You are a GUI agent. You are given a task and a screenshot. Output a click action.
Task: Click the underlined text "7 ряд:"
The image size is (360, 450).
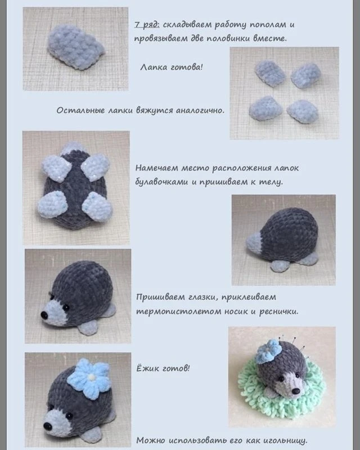tap(147, 25)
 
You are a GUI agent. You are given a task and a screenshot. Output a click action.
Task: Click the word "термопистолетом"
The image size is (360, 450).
tap(178, 312)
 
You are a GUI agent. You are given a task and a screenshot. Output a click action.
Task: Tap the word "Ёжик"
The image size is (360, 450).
tap(147, 368)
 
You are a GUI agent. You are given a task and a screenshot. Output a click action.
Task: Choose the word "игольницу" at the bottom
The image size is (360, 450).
tap(285, 440)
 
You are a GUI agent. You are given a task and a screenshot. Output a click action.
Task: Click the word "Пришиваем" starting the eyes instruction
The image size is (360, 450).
tap(160, 298)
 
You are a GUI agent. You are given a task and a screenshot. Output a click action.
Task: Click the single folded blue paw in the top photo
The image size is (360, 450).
tap(75, 47)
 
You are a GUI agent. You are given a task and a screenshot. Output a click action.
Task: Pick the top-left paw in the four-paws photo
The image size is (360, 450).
tap(270, 73)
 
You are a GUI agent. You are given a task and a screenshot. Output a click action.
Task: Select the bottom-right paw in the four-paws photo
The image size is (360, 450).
tap(303, 111)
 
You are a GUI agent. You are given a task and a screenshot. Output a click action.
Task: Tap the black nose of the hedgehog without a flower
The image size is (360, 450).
tap(44, 315)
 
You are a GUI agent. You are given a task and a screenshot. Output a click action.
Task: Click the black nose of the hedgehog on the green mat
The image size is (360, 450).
tap(296, 391)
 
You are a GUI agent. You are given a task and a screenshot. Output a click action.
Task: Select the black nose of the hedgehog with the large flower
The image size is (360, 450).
tap(47, 426)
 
